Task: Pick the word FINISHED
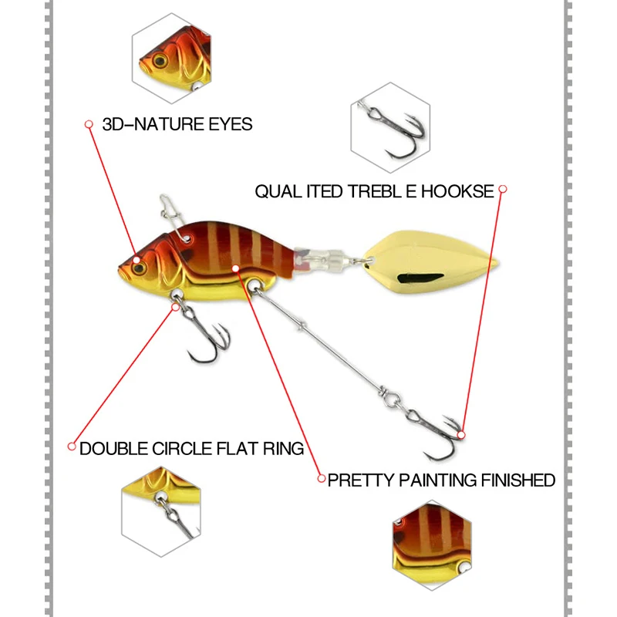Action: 518,480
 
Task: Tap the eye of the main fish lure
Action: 140,264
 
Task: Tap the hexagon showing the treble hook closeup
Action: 389,126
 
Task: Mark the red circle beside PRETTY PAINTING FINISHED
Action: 322,479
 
